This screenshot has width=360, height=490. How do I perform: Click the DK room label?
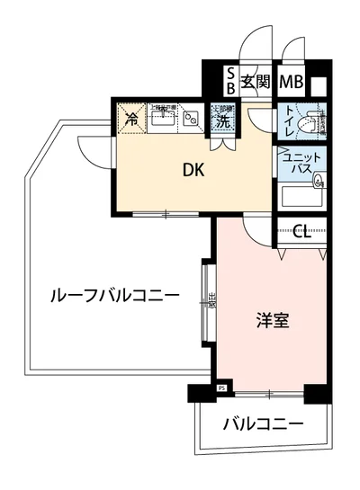tap(192, 168)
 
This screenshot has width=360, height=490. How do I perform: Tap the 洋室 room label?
tap(271, 320)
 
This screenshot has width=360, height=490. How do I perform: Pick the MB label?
tap(291, 82)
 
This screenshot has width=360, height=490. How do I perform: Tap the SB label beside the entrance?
tap(230, 82)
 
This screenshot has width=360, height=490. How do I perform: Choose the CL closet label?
tap(302, 234)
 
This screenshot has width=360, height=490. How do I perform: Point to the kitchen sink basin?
tap(163, 119)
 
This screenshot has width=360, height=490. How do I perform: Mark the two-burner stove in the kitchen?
tap(192, 118)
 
